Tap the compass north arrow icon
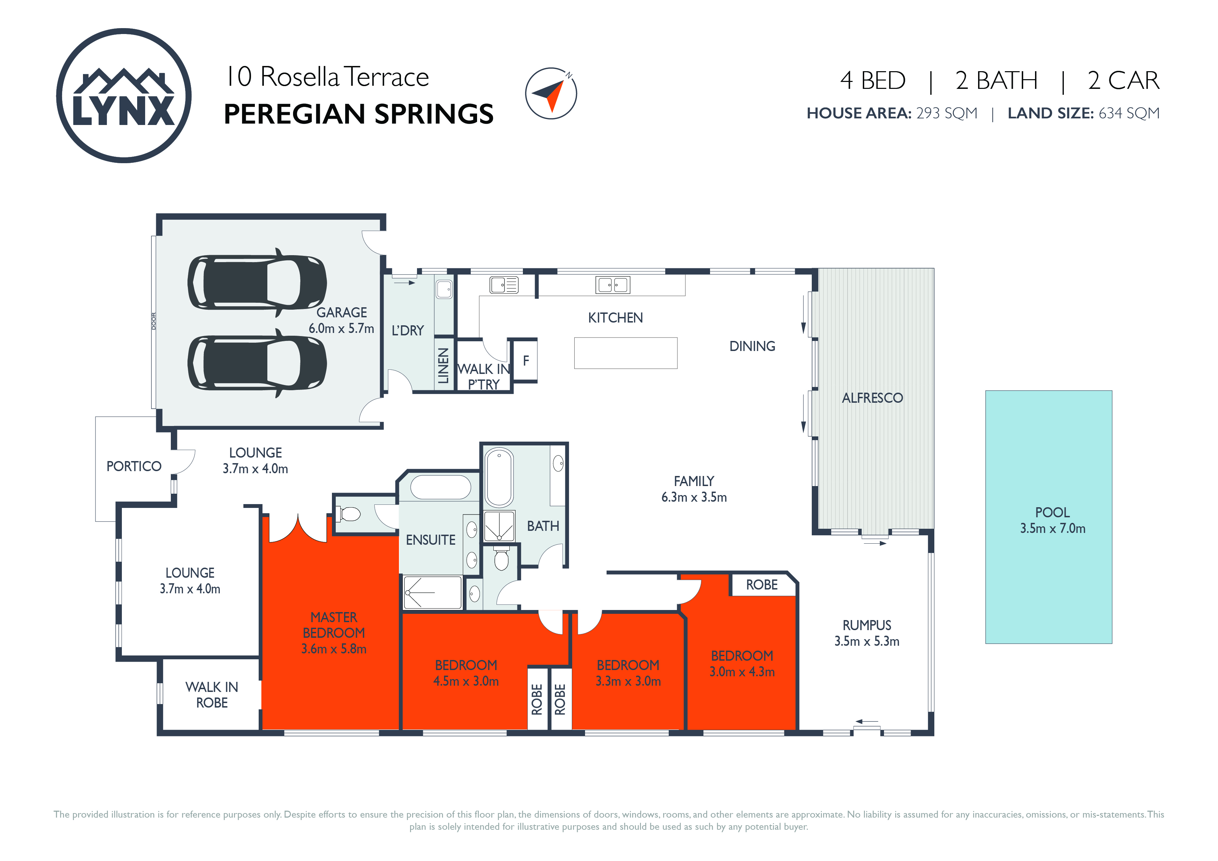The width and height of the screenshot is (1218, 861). [x=551, y=93]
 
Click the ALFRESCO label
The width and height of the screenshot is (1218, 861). [x=872, y=398]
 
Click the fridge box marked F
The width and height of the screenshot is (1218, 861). [x=526, y=361]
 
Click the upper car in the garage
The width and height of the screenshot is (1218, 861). [x=257, y=283]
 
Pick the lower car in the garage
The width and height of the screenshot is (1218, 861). [x=257, y=363]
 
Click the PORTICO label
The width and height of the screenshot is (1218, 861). [x=134, y=466]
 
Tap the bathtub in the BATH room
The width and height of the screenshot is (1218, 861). [x=499, y=477]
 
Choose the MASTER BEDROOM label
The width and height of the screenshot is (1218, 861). [x=334, y=625]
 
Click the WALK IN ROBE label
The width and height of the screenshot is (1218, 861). [x=212, y=695]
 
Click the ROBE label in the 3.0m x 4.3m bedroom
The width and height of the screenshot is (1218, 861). [x=762, y=585]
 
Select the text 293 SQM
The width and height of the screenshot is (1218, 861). [x=946, y=113]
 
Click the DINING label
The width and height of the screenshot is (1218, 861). [x=752, y=346]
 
